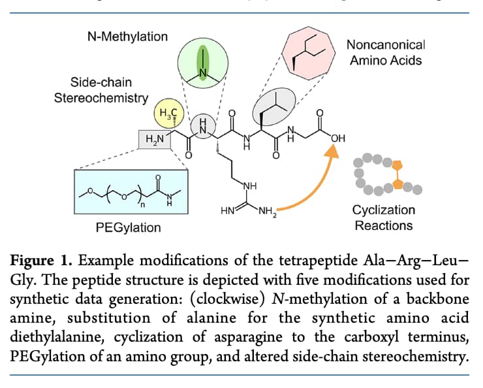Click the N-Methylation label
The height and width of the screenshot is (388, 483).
point(127,36)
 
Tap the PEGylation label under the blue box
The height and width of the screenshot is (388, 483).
point(128,228)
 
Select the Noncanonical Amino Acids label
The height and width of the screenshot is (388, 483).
point(385,53)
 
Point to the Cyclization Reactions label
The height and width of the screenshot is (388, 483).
point(384,218)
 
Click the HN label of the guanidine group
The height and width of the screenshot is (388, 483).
point(228,210)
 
